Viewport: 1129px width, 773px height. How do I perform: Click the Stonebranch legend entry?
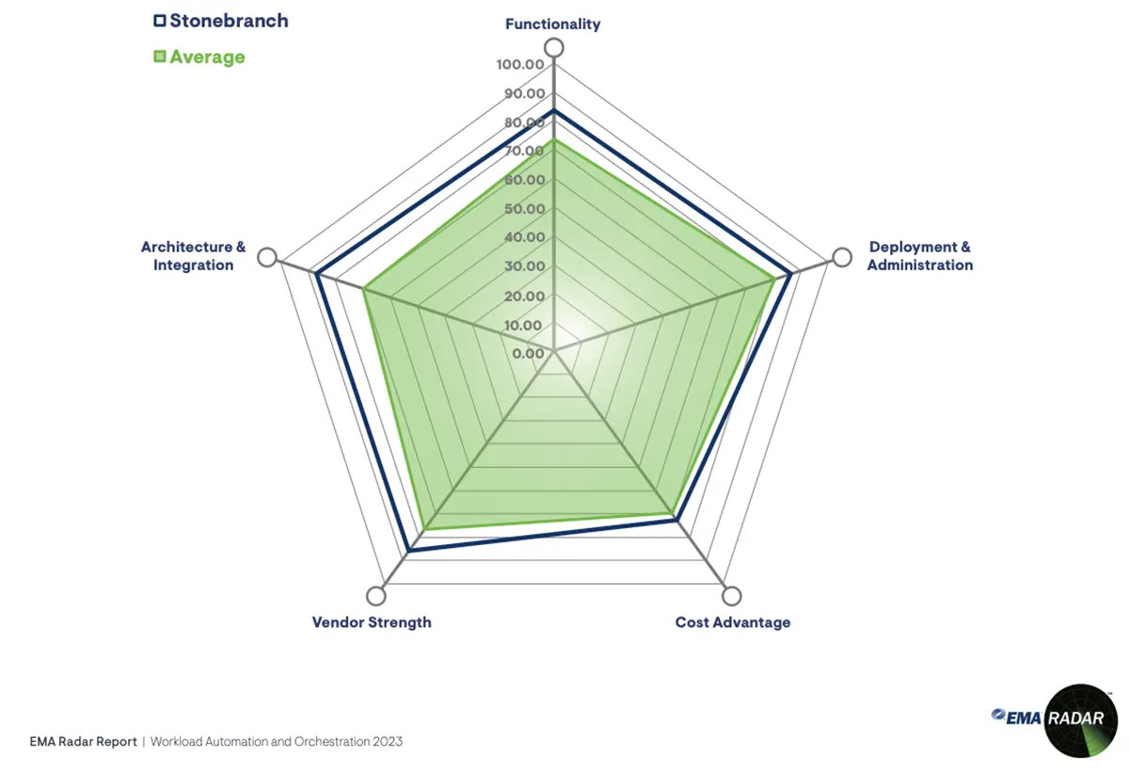220,20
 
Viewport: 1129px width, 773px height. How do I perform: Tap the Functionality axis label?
552,24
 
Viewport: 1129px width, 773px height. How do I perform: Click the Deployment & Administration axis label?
919,256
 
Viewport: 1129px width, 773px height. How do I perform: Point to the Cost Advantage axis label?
732,622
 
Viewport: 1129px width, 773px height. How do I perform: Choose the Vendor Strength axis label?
372,622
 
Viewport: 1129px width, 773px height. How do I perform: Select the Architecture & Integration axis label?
193,256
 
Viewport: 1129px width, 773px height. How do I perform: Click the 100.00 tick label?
519,65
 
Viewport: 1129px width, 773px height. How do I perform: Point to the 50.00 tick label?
523,209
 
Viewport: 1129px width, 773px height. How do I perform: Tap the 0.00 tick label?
528,354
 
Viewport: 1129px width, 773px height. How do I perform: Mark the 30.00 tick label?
523,266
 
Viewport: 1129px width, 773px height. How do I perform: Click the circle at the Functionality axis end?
554,48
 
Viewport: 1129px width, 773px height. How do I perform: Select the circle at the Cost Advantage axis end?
731,596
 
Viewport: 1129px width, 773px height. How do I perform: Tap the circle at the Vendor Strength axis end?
376,596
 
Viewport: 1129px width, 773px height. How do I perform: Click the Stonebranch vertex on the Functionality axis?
554,111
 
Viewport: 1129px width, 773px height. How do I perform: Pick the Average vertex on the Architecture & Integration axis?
365,289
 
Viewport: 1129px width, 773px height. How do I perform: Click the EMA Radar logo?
1055,719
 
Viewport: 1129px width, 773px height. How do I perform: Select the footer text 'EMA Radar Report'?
83,742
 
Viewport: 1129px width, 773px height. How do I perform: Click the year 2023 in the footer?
387,742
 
